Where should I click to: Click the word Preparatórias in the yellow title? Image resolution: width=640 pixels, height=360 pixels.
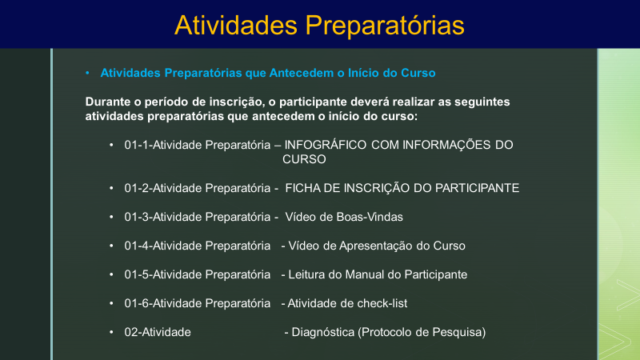coord(385,26)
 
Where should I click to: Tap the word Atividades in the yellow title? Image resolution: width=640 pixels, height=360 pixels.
coord(236,26)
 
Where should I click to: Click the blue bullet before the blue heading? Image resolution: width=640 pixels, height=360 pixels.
coord(87,73)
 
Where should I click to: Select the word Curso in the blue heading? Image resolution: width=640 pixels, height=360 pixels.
coord(418,73)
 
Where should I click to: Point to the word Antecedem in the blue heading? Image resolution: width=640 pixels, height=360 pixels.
coord(302,73)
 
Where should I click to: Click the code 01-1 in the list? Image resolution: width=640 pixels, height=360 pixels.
coord(137,145)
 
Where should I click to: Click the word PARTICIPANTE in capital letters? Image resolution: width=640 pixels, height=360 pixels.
coord(477,188)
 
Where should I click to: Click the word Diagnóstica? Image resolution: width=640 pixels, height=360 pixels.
coord(323,332)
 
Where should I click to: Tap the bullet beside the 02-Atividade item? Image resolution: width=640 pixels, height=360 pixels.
coord(111,332)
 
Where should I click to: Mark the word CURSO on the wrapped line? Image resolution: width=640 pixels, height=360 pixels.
coord(304,159)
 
